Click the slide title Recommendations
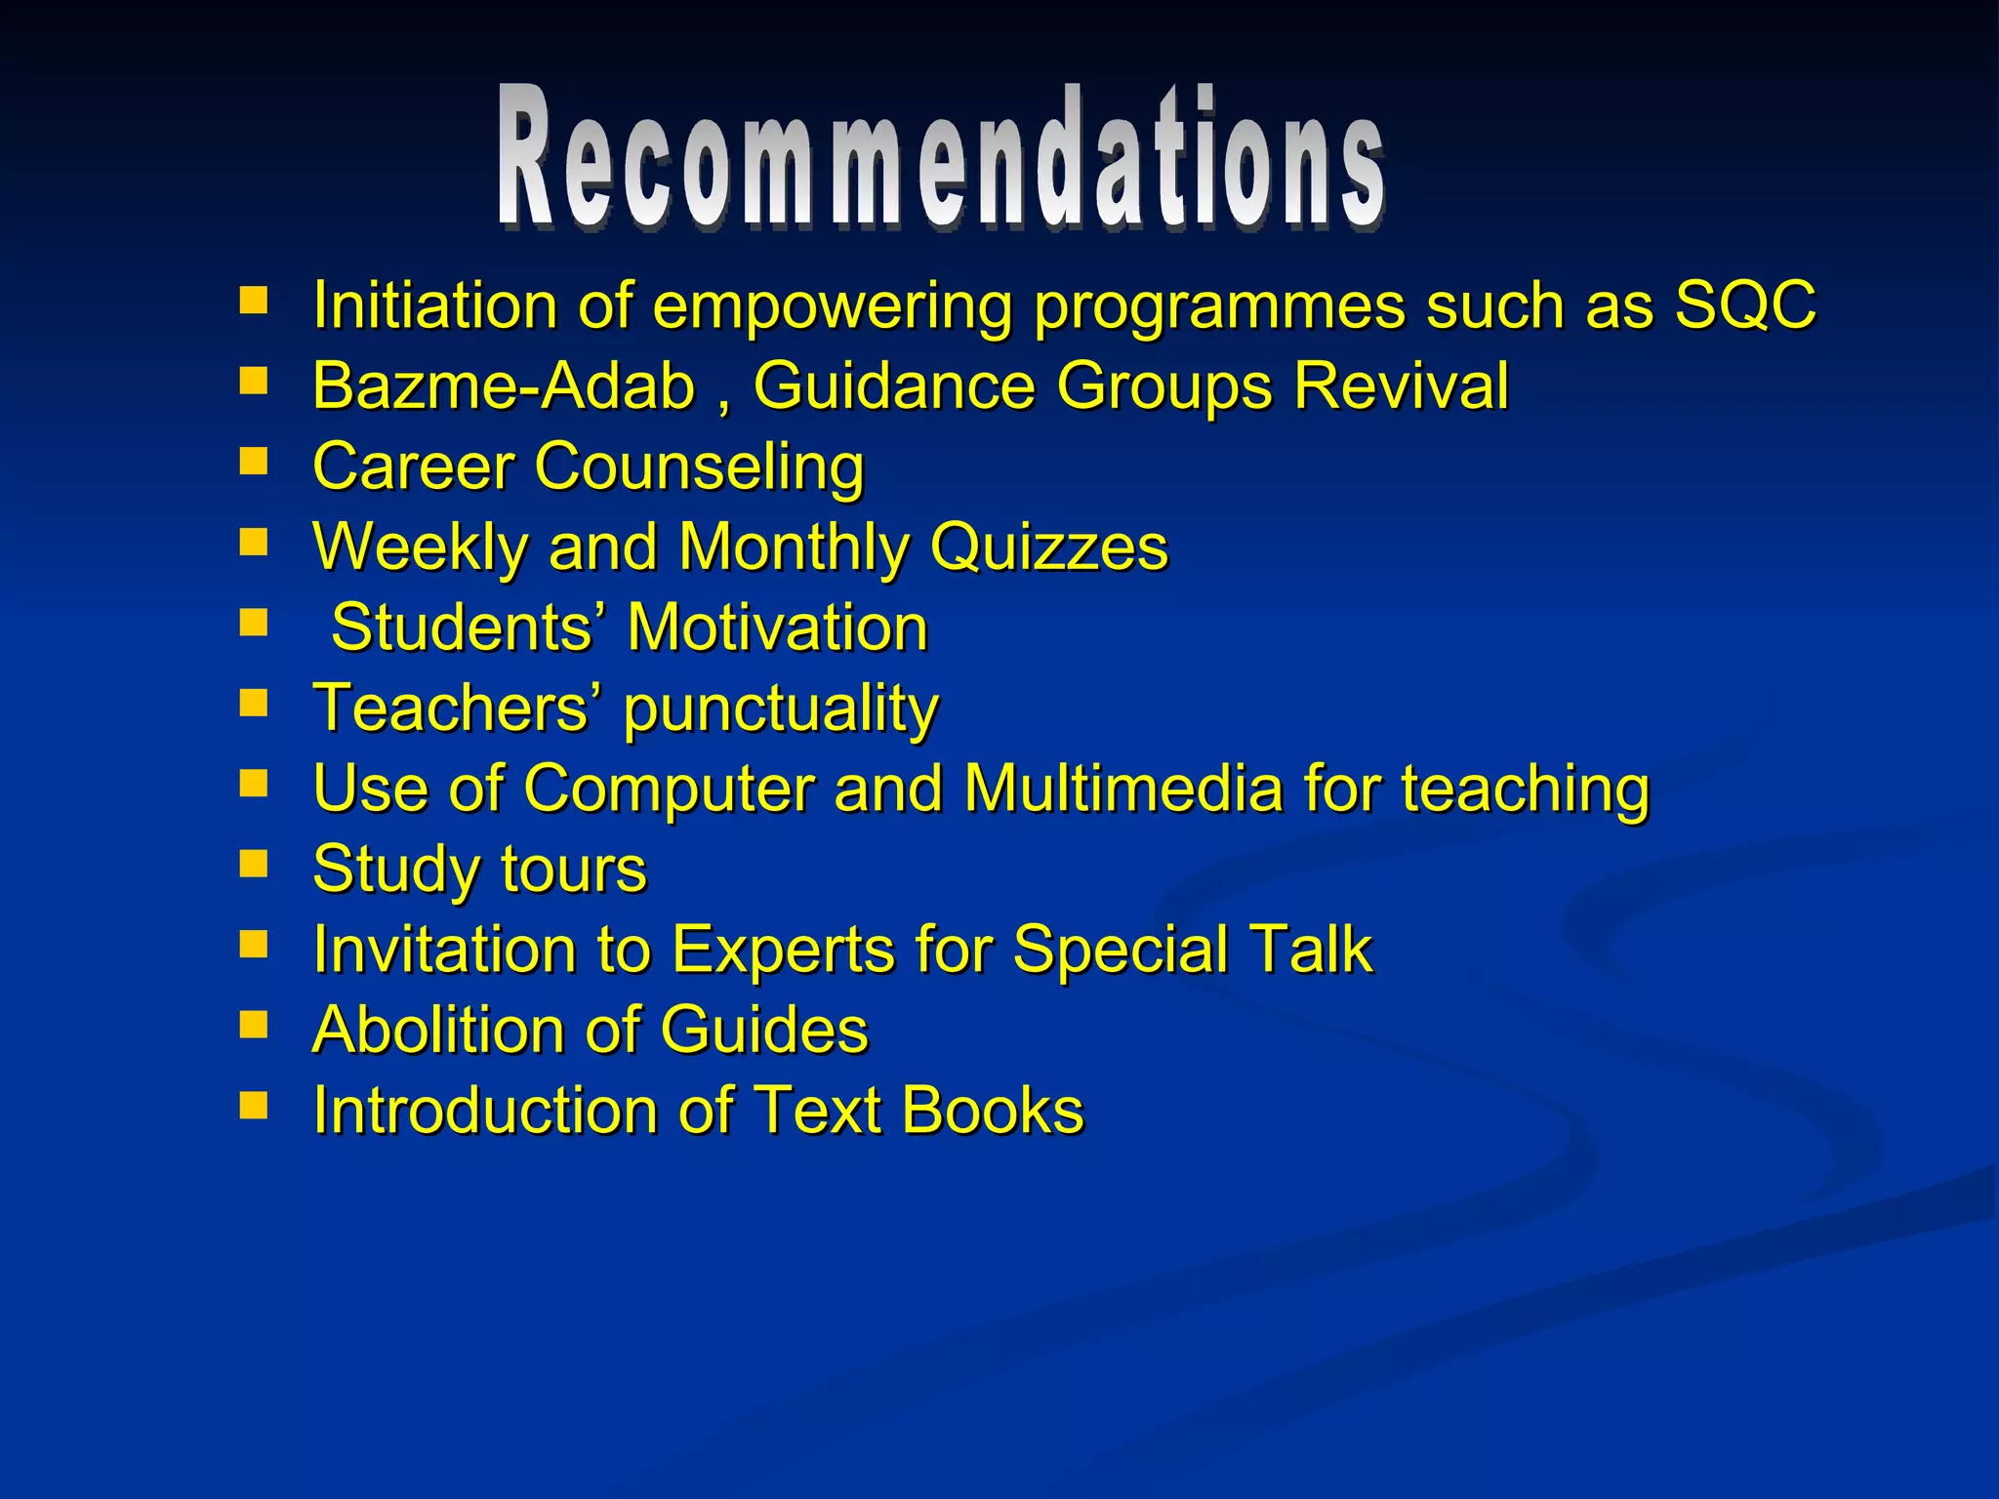pyautogui.click(x=941, y=158)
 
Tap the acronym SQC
pyautogui.click(x=1745, y=305)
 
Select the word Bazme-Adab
pyautogui.click(x=503, y=385)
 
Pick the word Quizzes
pyautogui.click(x=1048, y=547)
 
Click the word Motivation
pyautogui.click(x=777, y=628)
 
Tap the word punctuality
pyautogui.click(x=781, y=709)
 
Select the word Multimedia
pyautogui.click(x=1122, y=789)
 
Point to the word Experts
pyautogui.click(x=783, y=950)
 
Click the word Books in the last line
pyautogui.click(x=993, y=1111)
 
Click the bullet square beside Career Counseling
pyautogui.click(x=254, y=461)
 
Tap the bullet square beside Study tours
pyautogui.click(x=254, y=864)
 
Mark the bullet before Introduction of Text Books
pyautogui.click(x=254, y=1105)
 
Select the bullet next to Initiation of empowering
pyautogui.click(x=254, y=300)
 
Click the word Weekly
pyautogui.click(x=420, y=547)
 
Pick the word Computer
pyautogui.click(x=669, y=789)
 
